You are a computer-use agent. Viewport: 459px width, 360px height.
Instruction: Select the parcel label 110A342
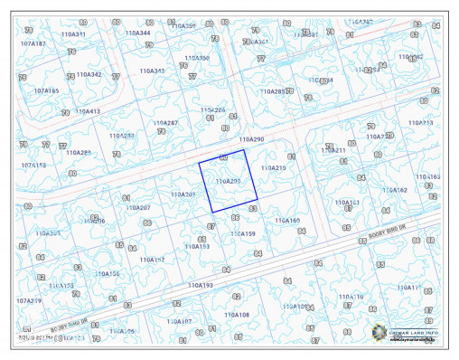[x=89, y=74]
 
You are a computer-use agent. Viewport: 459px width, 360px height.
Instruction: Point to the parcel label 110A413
[x=87, y=111]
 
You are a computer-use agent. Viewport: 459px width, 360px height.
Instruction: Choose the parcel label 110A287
[x=191, y=122]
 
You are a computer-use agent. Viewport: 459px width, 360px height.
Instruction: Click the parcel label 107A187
[x=33, y=43]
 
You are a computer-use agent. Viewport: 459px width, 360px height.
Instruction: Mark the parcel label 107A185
[x=46, y=90]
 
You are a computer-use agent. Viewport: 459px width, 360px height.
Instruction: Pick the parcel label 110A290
[x=251, y=139]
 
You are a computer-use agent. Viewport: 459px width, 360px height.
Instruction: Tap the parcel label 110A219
[x=273, y=168]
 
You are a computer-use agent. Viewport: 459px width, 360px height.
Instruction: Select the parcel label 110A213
[x=445, y=122]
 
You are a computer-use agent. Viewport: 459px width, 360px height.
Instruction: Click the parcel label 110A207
[x=138, y=208]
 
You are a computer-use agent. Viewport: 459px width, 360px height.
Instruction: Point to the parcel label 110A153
[x=197, y=246]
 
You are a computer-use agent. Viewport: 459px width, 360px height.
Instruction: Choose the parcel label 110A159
[x=243, y=233]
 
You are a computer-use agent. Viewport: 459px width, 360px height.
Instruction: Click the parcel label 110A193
[x=201, y=285]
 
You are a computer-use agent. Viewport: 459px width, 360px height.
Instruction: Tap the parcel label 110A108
[x=237, y=315]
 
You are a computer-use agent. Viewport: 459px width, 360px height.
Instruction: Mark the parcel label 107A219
[x=29, y=300]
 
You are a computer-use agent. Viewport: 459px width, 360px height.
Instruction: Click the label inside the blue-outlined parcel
[x=228, y=181]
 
